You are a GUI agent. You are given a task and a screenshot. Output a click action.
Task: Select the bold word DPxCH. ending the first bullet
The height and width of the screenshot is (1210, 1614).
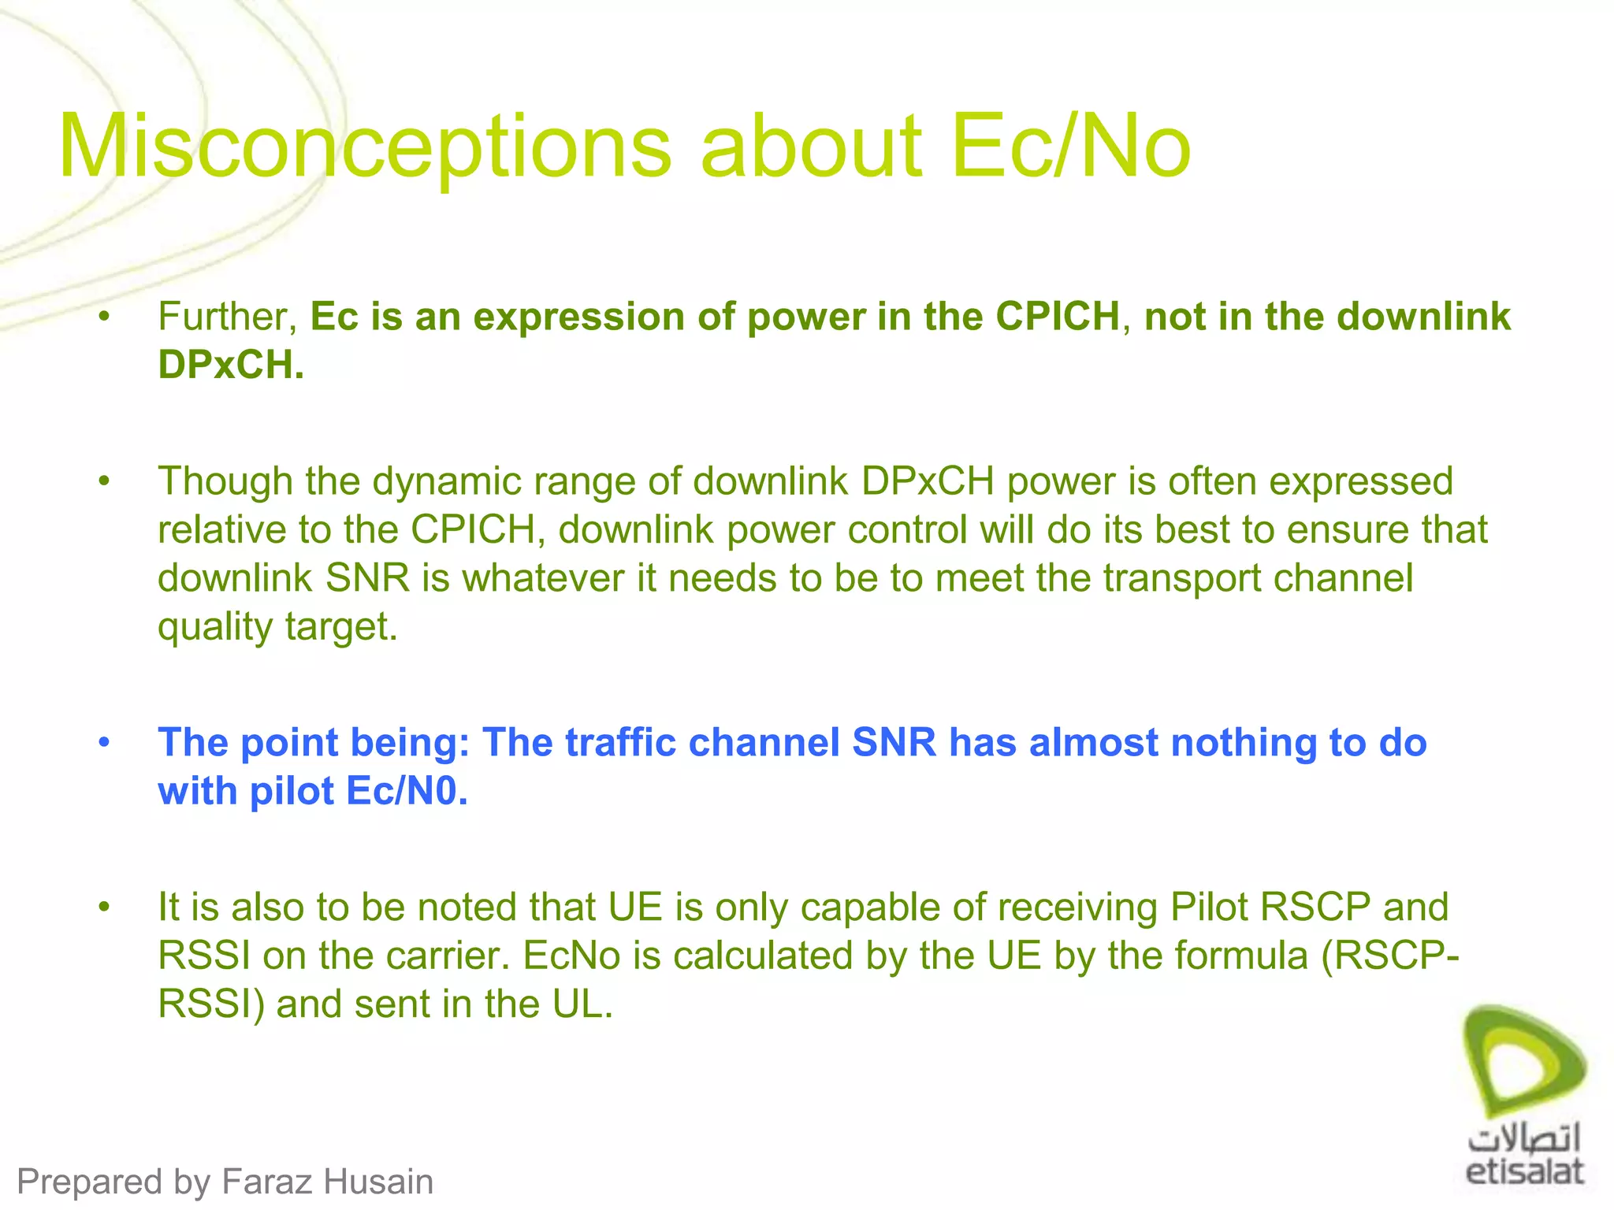coord(231,365)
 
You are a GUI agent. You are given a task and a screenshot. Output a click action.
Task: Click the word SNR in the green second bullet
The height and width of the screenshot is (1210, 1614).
coord(367,578)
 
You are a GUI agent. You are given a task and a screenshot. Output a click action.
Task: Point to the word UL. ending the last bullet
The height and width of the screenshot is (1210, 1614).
coord(582,1004)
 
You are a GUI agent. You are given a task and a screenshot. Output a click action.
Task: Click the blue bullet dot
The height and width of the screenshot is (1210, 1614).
coord(104,743)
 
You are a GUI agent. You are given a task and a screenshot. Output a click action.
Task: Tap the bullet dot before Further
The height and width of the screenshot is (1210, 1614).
coord(104,317)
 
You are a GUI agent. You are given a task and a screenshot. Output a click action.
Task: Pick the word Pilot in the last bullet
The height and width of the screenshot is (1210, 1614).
coord(1209,907)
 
